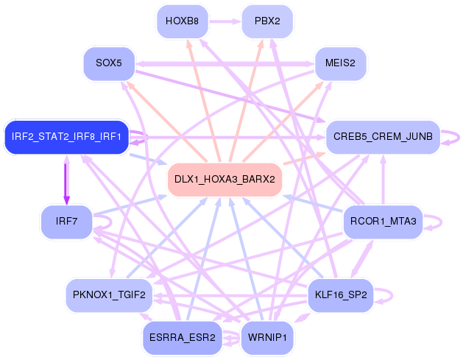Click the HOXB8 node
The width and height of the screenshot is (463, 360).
pyautogui.click(x=183, y=21)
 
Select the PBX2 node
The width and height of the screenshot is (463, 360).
pyautogui.click(x=267, y=21)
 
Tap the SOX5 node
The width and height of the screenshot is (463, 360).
pyautogui.click(x=109, y=63)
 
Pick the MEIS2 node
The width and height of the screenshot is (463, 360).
pyautogui.click(x=341, y=63)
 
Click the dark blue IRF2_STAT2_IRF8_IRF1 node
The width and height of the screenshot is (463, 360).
pyautogui.click(x=66, y=137)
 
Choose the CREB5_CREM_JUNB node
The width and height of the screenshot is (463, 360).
pyautogui.click(x=383, y=137)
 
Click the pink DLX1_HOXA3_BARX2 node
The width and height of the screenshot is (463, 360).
pyautogui.click(x=225, y=180)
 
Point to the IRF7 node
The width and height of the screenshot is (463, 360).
pyautogui.click(x=66, y=222)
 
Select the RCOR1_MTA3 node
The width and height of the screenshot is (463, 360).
pyautogui.click(x=383, y=222)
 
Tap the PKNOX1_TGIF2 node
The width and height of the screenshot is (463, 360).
pyautogui.click(x=109, y=295)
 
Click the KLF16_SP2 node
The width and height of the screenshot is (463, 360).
pyautogui.click(x=341, y=295)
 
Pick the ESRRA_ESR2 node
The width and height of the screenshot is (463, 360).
pyautogui.click(x=183, y=338)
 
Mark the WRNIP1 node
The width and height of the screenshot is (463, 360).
pyautogui.click(x=267, y=338)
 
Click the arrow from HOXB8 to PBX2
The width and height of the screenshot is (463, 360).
pyautogui.click(x=225, y=21)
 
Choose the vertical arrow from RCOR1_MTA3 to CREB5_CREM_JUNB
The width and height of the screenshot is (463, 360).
pyautogui.click(x=383, y=180)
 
